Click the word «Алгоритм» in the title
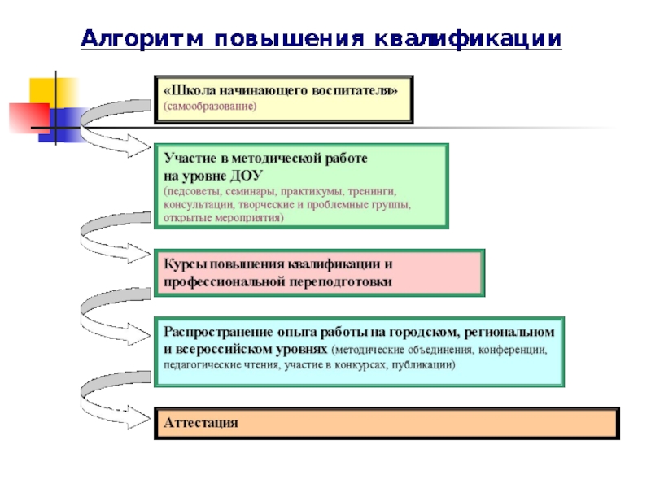[141, 38]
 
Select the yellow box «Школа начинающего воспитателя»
[283, 99]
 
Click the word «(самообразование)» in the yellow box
[210, 107]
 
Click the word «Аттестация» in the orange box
[201, 423]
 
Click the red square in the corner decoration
[29, 117]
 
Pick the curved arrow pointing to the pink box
[110, 236]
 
